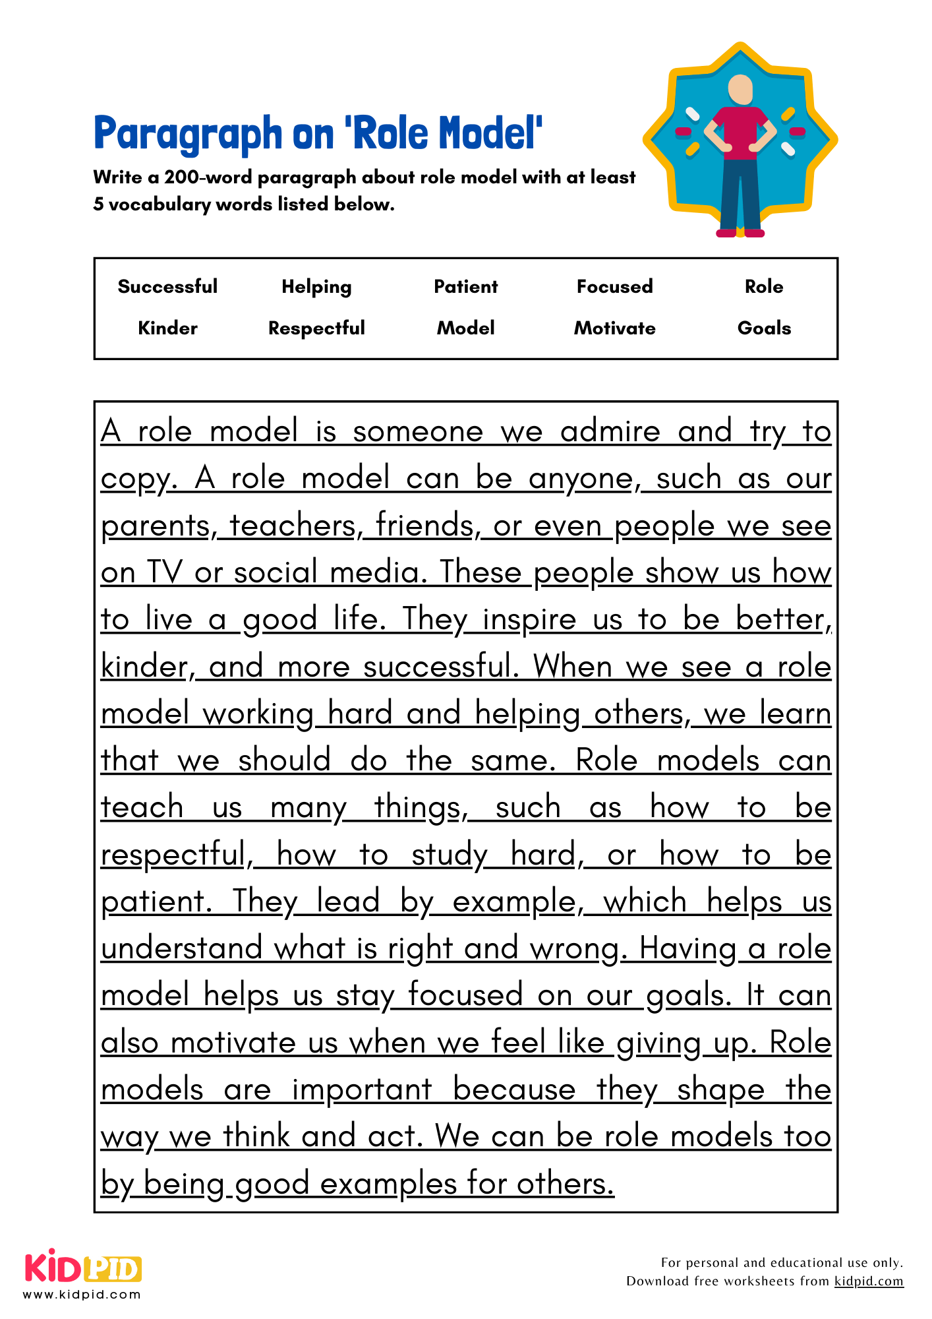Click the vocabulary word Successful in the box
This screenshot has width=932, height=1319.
pyautogui.click(x=167, y=286)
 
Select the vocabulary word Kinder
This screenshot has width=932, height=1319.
pyautogui.click(x=167, y=328)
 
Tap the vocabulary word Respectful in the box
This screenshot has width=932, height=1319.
pyautogui.click(x=316, y=328)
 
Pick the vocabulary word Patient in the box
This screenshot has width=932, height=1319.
pyautogui.click(x=465, y=286)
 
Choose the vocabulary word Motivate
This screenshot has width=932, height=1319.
pyautogui.click(x=614, y=328)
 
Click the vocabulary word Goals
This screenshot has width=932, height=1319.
pyautogui.click(x=764, y=328)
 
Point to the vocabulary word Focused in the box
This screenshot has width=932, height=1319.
pyautogui.click(x=614, y=286)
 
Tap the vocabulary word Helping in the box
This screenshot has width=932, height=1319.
pyautogui.click(x=316, y=287)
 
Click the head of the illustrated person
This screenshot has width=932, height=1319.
pyautogui.click(x=740, y=89)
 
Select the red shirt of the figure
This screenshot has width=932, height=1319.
pyautogui.click(x=740, y=132)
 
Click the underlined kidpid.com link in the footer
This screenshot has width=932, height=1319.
pyautogui.click(x=868, y=1281)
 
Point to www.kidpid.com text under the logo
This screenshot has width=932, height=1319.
pyautogui.click(x=82, y=1294)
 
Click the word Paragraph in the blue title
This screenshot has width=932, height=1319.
pyautogui.click(x=188, y=134)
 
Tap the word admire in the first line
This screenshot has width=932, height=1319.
pyautogui.click(x=610, y=432)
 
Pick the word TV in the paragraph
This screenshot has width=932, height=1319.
pyautogui.click(x=163, y=572)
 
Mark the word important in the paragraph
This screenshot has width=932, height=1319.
pyautogui.click(x=362, y=1089)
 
